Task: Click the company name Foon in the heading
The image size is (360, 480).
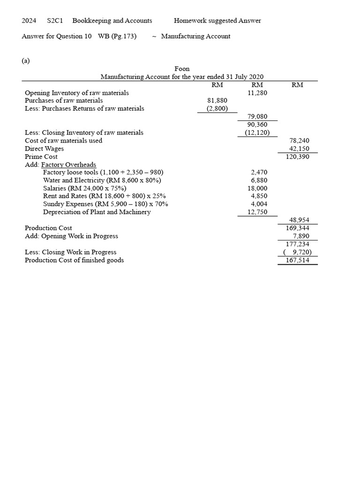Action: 182,69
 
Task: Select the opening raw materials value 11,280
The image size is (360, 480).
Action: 257,93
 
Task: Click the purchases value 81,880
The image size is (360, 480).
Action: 217,101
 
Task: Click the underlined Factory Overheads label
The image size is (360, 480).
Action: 68,165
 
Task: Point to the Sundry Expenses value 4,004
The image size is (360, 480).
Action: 259,204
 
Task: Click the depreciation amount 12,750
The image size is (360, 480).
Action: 257,212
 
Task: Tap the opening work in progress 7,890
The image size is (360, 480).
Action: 301,236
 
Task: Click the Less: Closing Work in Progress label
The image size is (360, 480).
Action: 70,252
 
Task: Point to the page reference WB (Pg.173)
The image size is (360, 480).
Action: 117,37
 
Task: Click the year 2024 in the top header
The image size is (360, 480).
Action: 29,21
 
